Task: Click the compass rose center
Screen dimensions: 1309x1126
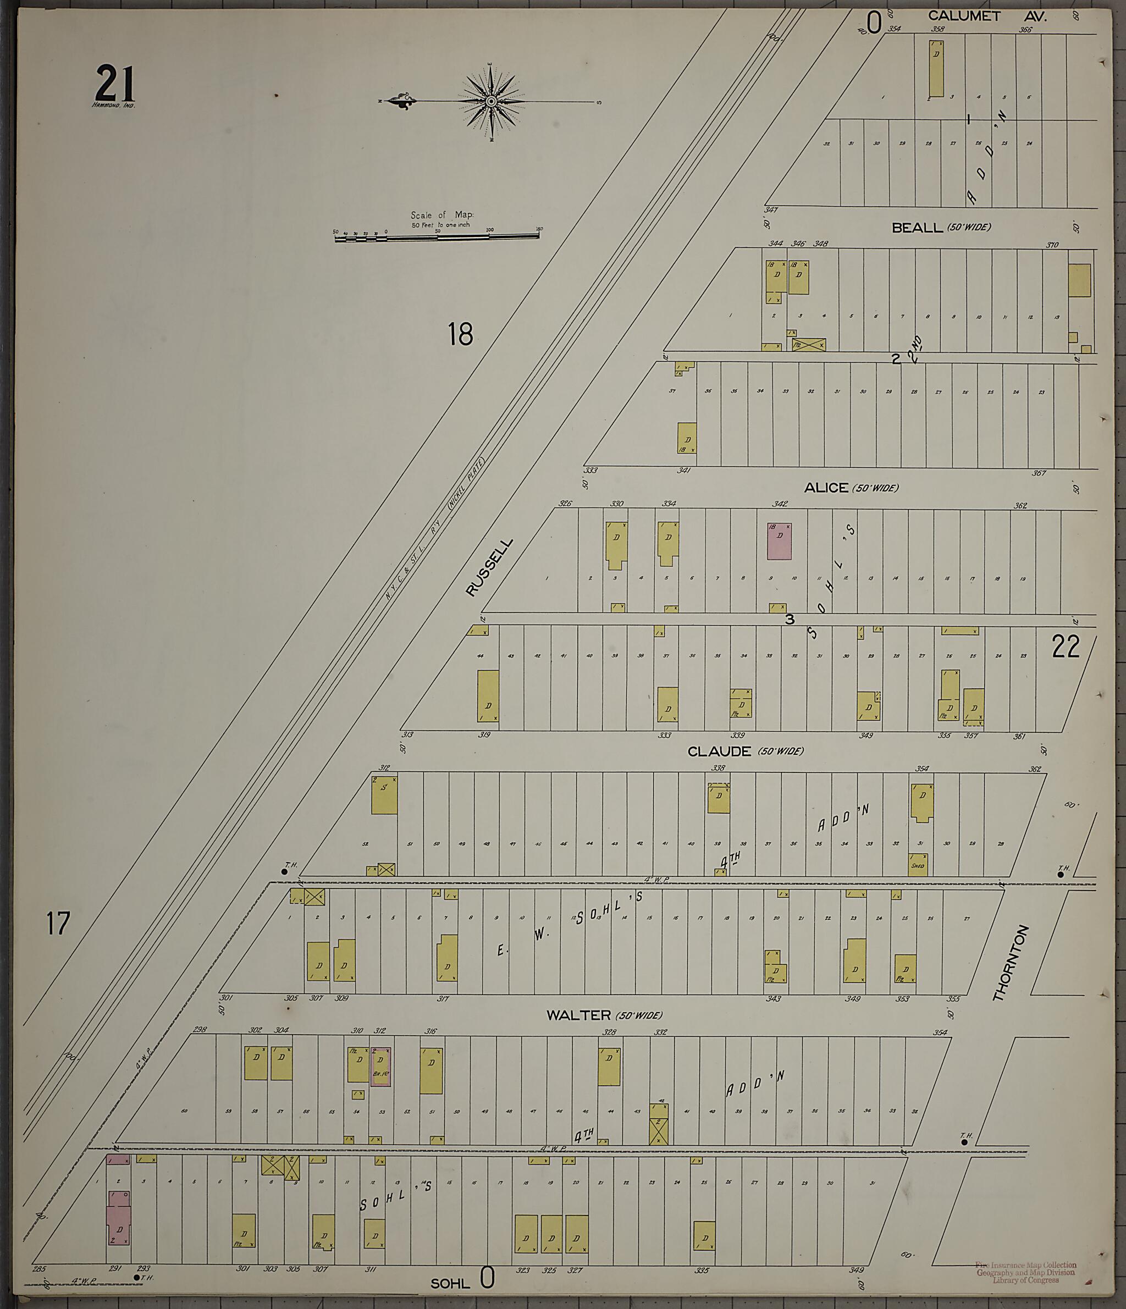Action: (x=491, y=101)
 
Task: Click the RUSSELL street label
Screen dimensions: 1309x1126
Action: (x=489, y=567)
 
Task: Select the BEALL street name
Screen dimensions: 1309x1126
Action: (x=917, y=228)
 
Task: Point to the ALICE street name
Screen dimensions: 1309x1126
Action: (x=826, y=488)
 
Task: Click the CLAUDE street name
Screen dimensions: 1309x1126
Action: (x=719, y=751)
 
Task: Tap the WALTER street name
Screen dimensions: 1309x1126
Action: (x=578, y=1015)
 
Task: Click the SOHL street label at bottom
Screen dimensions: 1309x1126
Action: (x=450, y=1283)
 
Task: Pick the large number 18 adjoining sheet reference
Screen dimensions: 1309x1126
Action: (x=461, y=334)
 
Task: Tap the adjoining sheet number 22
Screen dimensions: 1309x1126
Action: (x=1066, y=647)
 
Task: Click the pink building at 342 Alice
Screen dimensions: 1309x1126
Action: (x=779, y=541)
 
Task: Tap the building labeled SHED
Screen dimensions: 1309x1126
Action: (x=918, y=865)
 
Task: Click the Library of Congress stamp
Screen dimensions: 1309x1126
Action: (x=1026, y=1271)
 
